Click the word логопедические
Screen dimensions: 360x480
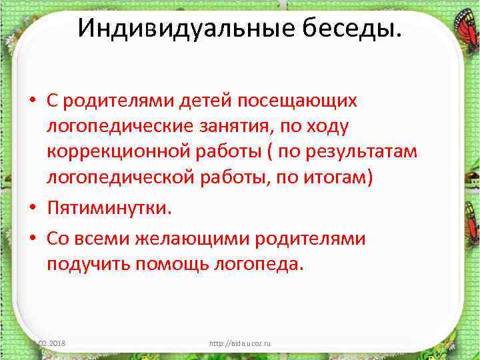click(x=123, y=127)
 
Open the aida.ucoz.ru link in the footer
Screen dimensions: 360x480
click(x=240, y=343)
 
